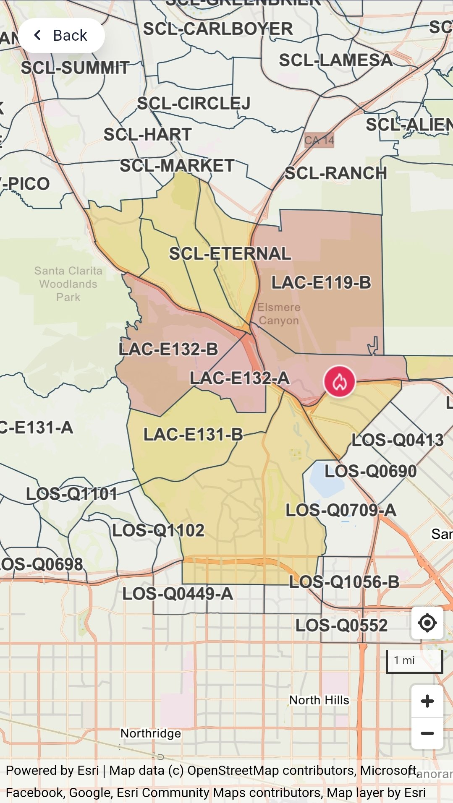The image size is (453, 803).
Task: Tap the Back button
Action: tap(61, 36)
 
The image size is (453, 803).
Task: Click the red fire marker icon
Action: tap(339, 381)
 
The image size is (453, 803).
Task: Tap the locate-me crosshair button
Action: tap(427, 623)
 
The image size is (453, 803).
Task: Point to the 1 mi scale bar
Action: tap(414, 661)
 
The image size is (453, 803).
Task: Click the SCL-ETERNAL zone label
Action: tap(230, 253)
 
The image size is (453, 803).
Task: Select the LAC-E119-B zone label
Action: tap(321, 282)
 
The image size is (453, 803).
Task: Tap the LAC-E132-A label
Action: tap(239, 378)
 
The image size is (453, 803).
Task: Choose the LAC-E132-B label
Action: tap(168, 349)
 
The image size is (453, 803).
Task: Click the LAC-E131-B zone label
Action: tap(193, 435)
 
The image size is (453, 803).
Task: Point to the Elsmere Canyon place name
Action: tap(279, 314)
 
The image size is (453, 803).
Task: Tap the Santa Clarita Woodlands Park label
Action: tap(68, 284)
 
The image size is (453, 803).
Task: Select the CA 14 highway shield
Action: tap(319, 140)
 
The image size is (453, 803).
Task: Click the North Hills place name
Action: tap(319, 700)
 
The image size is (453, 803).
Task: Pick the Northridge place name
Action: tap(151, 733)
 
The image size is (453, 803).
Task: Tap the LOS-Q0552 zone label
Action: tap(341, 626)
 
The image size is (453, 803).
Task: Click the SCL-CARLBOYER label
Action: tap(218, 29)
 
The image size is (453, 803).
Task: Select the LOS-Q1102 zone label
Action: tap(158, 530)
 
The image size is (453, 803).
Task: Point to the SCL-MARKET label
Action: tap(177, 166)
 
